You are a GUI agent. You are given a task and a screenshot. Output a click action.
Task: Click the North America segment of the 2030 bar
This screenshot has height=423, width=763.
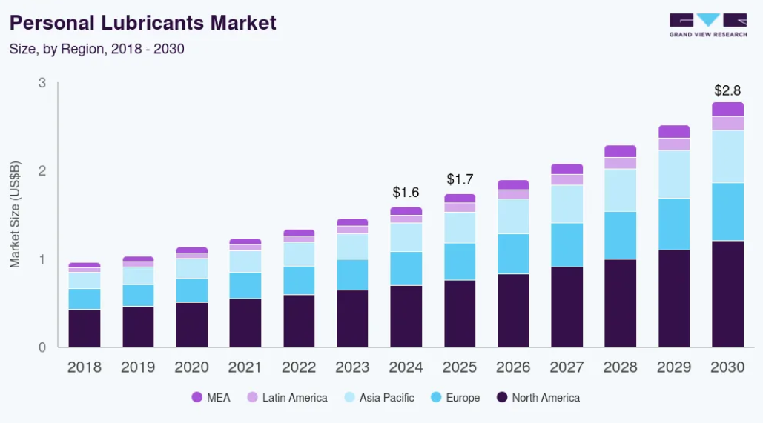click(727, 293)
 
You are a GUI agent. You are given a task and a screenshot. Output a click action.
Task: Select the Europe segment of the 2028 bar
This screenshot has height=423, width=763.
click(620, 235)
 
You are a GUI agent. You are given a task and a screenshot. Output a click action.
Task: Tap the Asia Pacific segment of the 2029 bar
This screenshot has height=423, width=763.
click(673, 174)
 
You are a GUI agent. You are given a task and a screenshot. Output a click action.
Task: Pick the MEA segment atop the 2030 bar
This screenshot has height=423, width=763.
click(727, 109)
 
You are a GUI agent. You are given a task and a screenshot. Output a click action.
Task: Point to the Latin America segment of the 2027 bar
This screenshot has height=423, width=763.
click(567, 179)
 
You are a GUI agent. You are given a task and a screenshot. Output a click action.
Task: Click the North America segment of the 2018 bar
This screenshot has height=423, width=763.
click(84, 327)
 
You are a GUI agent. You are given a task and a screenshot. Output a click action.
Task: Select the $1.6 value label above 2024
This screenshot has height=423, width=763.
click(406, 193)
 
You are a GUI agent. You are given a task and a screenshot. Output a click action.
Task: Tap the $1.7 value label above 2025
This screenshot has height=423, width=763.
click(460, 179)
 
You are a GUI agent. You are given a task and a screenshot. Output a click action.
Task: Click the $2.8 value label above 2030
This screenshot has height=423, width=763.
click(727, 90)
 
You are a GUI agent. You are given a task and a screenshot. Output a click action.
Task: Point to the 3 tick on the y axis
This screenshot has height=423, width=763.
click(42, 83)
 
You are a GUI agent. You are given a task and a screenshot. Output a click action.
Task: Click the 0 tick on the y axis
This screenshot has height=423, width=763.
click(42, 347)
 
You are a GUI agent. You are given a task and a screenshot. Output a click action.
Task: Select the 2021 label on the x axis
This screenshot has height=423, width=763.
click(245, 367)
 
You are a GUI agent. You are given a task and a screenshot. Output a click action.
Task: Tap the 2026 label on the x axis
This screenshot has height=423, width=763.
click(513, 367)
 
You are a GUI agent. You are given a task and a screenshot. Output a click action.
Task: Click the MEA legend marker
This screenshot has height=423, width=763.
click(196, 398)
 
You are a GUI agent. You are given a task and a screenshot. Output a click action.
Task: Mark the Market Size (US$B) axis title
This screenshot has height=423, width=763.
click(15, 215)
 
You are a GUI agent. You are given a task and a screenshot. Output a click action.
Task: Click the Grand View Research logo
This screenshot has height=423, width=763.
click(707, 24)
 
